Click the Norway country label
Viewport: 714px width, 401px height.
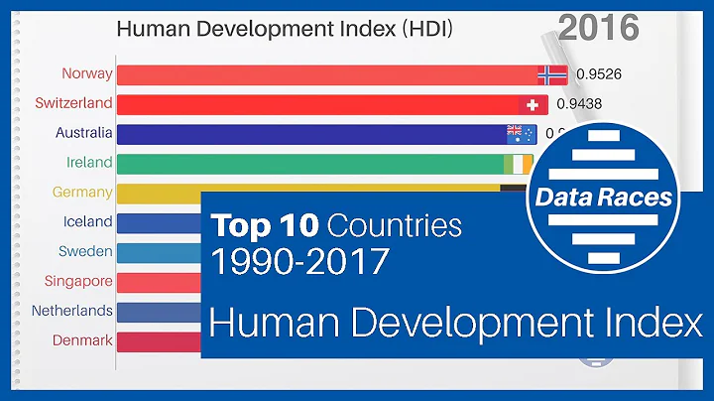pyautogui.click(x=86, y=73)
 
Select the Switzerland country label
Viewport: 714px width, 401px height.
pyautogui.click(x=73, y=103)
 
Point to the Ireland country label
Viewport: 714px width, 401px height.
pyautogui.click(x=88, y=163)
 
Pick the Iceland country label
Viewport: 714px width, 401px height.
pyautogui.click(x=87, y=222)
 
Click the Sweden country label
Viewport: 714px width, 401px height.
pyautogui.click(x=85, y=252)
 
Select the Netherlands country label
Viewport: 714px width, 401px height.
pyautogui.click(x=71, y=311)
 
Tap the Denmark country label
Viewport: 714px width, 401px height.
pyautogui.click(x=82, y=340)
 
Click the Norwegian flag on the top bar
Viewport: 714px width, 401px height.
pyautogui.click(x=550, y=73)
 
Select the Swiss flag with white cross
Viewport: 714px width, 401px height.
pyautogui.click(x=533, y=104)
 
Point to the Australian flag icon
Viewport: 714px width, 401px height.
pyautogui.click(x=521, y=134)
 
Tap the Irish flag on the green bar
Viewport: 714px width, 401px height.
pyautogui.click(x=518, y=163)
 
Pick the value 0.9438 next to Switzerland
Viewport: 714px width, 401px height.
pyautogui.click(x=579, y=103)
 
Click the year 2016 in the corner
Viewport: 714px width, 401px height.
pyautogui.click(x=598, y=27)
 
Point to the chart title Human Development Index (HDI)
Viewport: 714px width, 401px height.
pyautogui.click(x=285, y=29)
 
